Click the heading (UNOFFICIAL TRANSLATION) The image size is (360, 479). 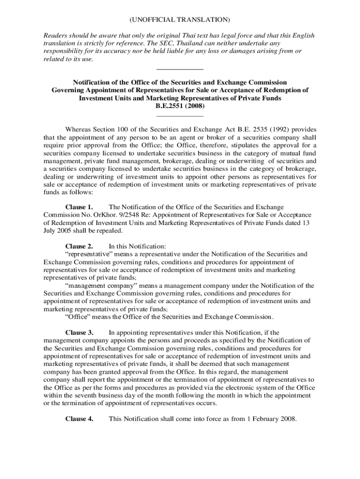coord(180,20)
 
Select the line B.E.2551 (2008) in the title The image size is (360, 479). coord(180,106)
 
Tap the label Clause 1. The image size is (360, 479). coord(79,207)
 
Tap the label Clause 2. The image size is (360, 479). coord(79,246)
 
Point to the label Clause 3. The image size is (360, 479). coord(79,333)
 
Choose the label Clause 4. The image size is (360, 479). coord(79,419)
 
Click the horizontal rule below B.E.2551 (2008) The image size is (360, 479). coord(180,116)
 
